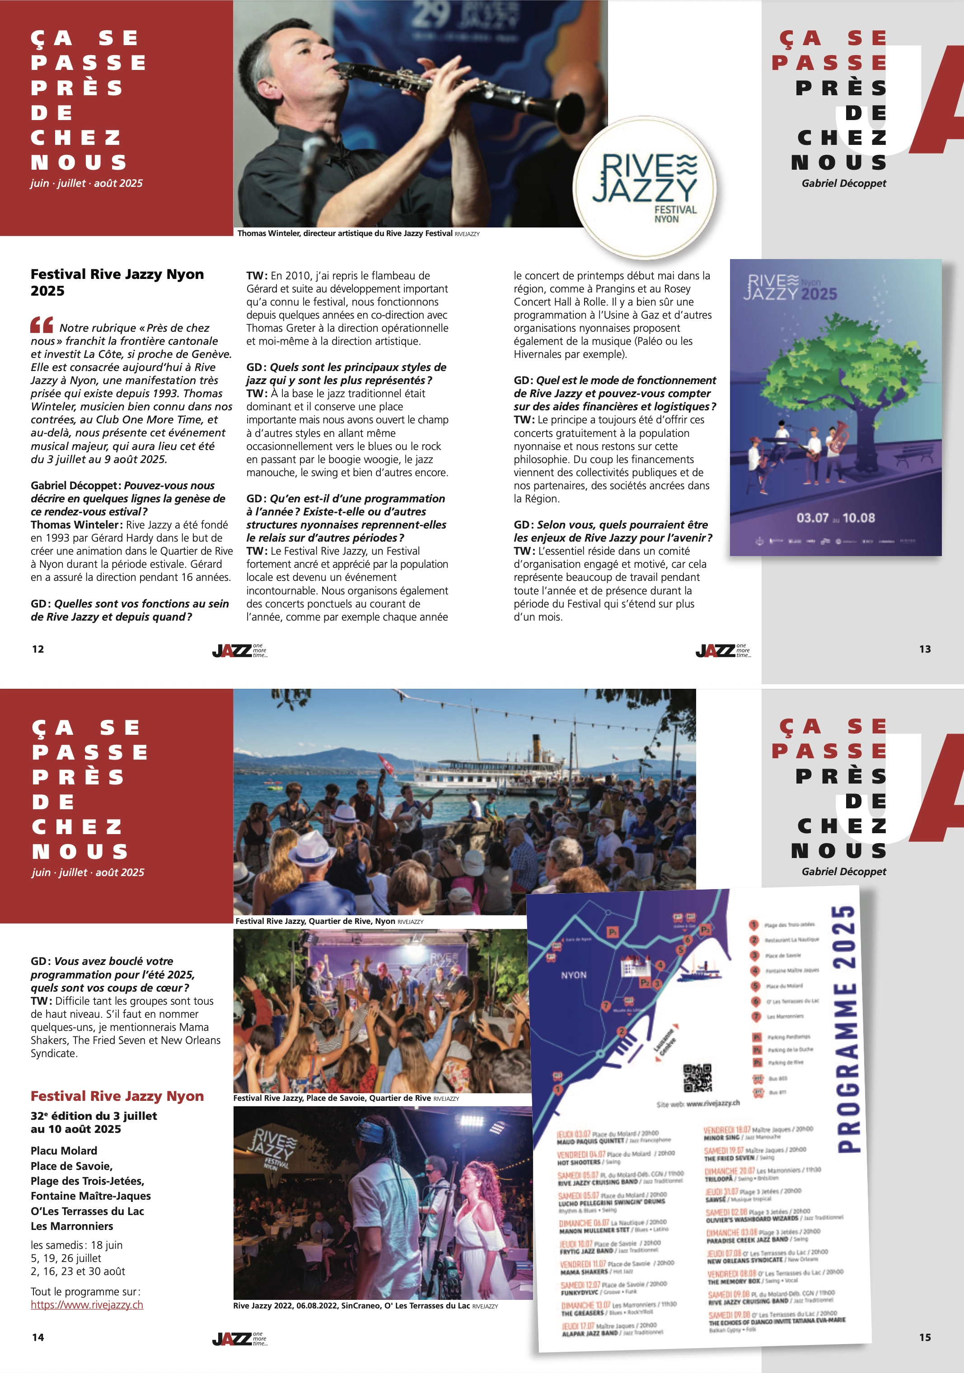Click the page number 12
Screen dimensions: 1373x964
pos(37,649)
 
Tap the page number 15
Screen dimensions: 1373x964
pos(925,1337)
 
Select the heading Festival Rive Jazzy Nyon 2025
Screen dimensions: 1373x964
pos(117,282)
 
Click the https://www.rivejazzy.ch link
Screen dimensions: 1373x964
pos(87,1304)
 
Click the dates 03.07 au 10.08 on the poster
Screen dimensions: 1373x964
pos(835,518)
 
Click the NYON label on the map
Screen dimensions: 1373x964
pos(573,975)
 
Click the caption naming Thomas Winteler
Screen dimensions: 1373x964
pos(358,233)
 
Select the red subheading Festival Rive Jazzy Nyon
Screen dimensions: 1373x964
pos(117,1096)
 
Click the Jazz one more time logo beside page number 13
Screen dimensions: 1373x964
pos(723,650)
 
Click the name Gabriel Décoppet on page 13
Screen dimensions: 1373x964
pos(844,183)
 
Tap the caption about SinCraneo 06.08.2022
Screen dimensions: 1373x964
pos(365,1305)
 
